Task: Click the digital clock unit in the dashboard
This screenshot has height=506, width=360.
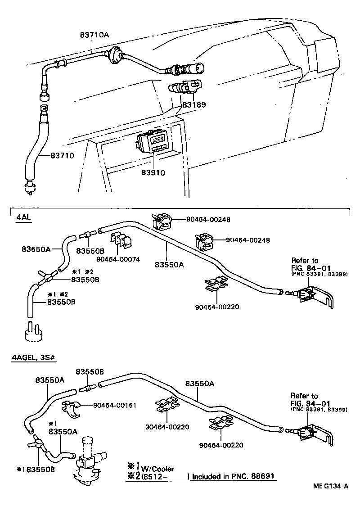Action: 154,143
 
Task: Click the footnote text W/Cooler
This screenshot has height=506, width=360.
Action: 157,469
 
